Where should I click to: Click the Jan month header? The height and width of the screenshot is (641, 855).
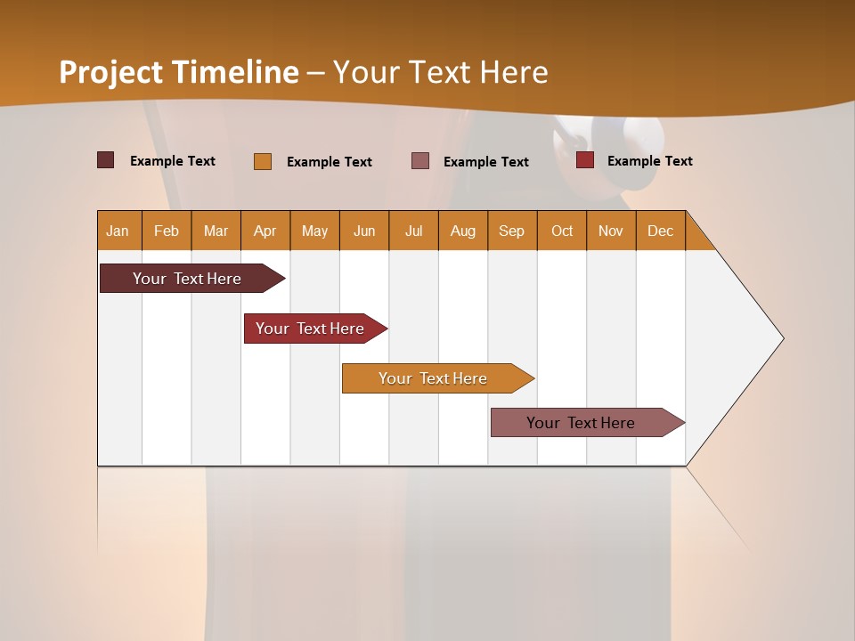[x=118, y=231]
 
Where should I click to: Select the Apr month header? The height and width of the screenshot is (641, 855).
[x=265, y=231]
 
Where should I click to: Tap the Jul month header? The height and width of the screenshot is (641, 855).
[x=413, y=231]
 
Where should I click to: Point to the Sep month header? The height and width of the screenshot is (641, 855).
[x=511, y=231]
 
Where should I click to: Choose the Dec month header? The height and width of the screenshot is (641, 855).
[x=660, y=231]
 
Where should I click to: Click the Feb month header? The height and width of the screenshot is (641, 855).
[x=167, y=231]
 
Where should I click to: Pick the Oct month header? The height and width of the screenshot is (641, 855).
[x=561, y=231]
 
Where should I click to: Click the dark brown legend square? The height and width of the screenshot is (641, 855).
[x=106, y=160]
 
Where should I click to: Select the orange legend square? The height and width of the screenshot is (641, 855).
[x=263, y=161]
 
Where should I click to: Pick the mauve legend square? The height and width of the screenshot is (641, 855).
[x=420, y=160]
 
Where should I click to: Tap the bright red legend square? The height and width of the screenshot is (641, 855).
[x=585, y=160]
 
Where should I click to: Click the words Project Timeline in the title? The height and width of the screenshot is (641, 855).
[x=179, y=72]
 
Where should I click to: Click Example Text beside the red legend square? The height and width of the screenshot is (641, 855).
[x=649, y=161]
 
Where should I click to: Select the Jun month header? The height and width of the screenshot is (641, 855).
[x=364, y=231]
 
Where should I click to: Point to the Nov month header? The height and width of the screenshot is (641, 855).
[x=610, y=231]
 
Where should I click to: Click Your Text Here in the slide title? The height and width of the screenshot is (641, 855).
[x=440, y=72]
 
